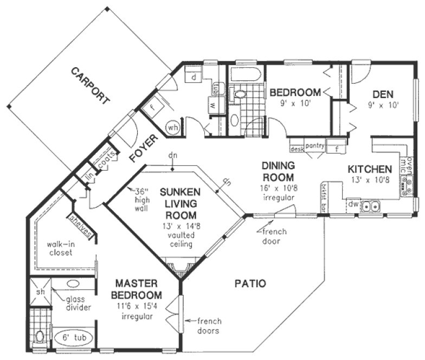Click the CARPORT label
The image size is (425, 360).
[90, 86]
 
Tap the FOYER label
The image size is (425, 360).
[144, 149]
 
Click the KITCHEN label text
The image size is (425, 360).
[369, 169]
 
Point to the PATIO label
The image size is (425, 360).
[250, 283]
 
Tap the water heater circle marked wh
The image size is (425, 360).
[173, 127]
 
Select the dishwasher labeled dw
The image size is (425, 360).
[352, 205]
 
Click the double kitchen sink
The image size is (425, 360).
[371, 205]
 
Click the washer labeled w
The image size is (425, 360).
[214, 105]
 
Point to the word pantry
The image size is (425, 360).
[314, 146]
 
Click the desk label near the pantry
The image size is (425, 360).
[297, 148]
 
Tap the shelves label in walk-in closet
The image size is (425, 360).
[81, 225]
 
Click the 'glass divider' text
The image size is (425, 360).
[78, 304]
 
